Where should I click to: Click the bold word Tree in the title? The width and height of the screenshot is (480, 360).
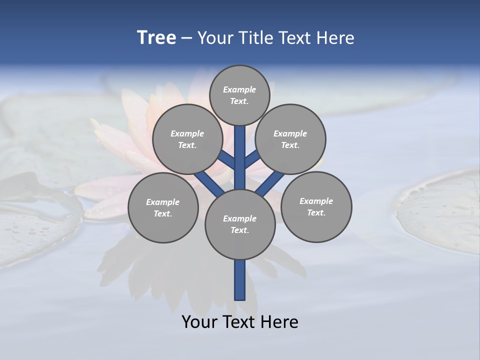[x=156, y=38]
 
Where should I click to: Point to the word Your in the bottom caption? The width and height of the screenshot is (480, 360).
[x=199, y=322]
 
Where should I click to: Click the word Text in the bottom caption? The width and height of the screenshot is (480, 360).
[x=237, y=322]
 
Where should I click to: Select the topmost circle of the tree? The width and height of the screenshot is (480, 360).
[x=239, y=95]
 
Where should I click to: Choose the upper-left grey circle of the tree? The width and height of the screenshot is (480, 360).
[x=187, y=139]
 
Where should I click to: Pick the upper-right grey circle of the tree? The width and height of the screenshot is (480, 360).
[x=290, y=139]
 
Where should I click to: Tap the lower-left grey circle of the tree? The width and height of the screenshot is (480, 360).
[x=163, y=207]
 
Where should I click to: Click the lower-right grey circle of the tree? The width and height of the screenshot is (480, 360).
[x=316, y=206]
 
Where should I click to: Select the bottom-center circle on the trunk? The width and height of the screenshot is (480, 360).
[x=240, y=224]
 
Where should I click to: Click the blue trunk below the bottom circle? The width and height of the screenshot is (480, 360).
[x=240, y=280]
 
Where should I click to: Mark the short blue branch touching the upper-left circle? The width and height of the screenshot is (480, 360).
[x=226, y=160]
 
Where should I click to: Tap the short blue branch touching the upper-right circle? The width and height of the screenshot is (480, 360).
[x=252, y=159]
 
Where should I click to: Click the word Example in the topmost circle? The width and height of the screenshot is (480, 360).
[x=239, y=89]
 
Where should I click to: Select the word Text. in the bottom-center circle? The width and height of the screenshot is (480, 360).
[x=239, y=230]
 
